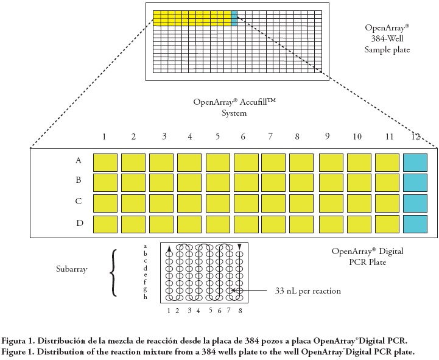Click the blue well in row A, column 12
[415, 163]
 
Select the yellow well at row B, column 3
[161, 182]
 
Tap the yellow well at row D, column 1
[105, 224]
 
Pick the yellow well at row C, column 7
[273, 203]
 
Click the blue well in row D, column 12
[415, 224]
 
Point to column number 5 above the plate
[217, 136]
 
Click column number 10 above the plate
[357, 136]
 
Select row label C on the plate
[79, 202]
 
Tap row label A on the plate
[79, 161]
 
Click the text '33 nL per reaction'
[308, 291]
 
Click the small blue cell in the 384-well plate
[234, 18]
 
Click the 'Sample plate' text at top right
[387, 49]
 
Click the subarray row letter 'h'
[145, 297]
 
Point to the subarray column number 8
[240, 311]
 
